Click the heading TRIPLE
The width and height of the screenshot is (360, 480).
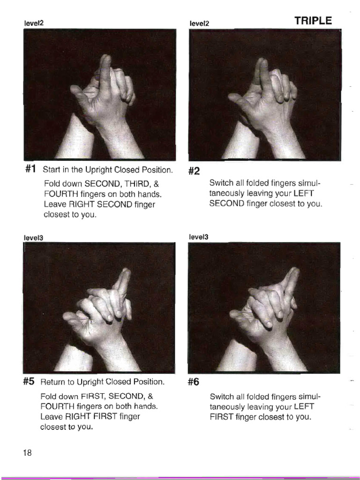[x=313, y=21]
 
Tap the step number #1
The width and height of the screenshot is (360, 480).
[x=30, y=169]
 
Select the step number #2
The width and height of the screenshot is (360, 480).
[x=194, y=172]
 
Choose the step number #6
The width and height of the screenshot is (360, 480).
[x=194, y=382]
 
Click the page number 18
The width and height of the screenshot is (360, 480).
[x=27, y=453]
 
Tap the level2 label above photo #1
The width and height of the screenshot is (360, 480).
[x=34, y=22]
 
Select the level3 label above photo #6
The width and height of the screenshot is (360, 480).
[x=198, y=237]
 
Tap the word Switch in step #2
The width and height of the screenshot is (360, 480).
[x=221, y=183]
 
